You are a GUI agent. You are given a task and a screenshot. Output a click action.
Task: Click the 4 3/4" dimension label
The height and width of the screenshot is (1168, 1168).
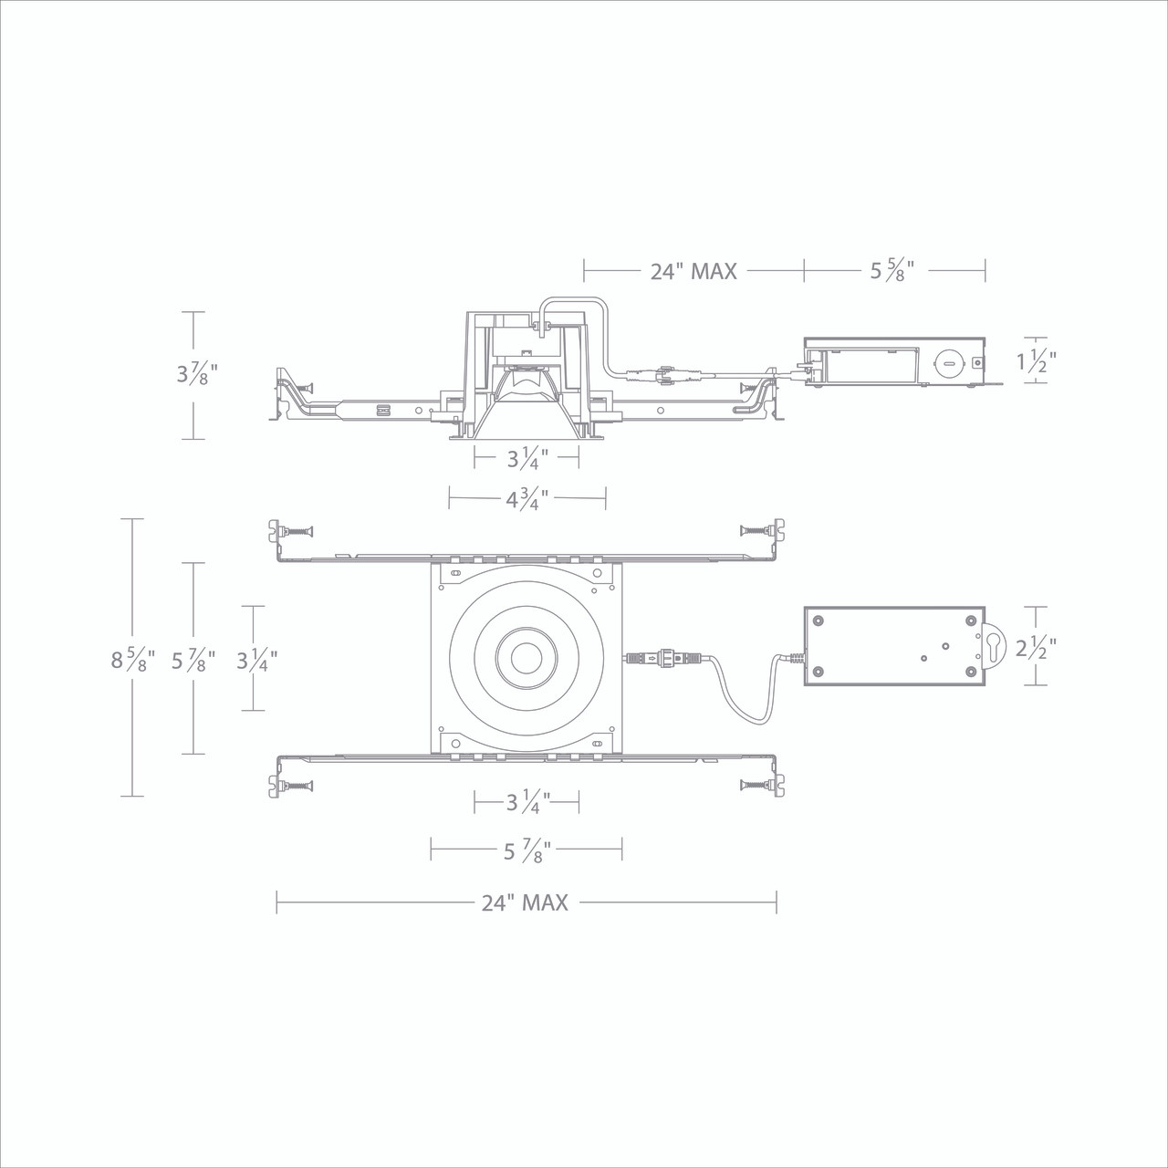pyautogui.click(x=527, y=498)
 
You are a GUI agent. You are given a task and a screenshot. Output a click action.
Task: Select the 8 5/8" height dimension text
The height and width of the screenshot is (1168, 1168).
pyautogui.click(x=133, y=659)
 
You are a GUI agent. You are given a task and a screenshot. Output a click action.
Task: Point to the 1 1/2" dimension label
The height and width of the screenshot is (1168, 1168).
pyautogui.click(x=1036, y=360)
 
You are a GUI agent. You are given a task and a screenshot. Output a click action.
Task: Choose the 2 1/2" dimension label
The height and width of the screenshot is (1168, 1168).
pyautogui.click(x=1036, y=648)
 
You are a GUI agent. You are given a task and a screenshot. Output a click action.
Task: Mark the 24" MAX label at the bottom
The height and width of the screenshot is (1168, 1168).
pyautogui.click(x=525, y=902)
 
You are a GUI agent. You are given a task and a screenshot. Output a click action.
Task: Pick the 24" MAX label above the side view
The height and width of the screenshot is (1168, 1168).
pyautogui.click(x=693, y=271)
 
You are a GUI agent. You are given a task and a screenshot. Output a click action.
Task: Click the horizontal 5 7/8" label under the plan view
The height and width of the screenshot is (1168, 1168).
pyautogui.click(x=527, y=852)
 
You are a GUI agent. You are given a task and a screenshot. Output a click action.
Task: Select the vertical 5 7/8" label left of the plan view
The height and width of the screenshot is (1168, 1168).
pyautogui.click(x=193, y=659)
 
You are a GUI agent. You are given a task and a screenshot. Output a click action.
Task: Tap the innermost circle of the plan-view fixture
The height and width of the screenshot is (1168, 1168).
pyautogui.click(x=525, y=658)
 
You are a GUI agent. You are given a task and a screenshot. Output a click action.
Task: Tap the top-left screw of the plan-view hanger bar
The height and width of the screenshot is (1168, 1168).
pyautogui.click(x=297, y=529)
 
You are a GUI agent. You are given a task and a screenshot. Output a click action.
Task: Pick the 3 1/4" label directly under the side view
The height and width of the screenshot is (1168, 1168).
pyautogui.click(x=527, y=458)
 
